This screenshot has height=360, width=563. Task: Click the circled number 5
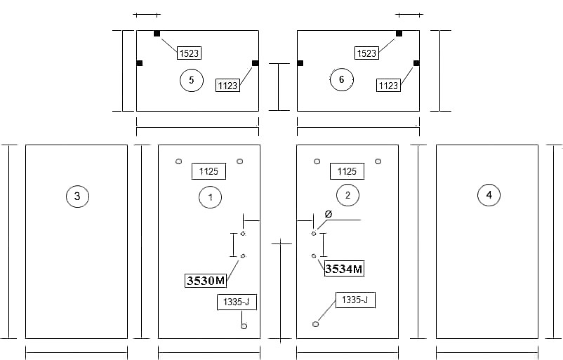(x=192, y=80)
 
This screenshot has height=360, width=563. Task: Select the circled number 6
(x=341, y=79)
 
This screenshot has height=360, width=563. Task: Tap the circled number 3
(x=77, y=196)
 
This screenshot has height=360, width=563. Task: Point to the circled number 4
(x=489, y=195)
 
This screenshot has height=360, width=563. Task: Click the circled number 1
(x=211, y=196)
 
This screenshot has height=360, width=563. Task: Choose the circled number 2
(x=347, y=195)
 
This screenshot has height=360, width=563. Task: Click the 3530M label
(x=206, y=280)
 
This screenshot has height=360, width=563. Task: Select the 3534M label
(x=344, y=269)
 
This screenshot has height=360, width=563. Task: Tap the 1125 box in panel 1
(x=208, y=171)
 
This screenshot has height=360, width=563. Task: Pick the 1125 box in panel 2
(x=347, y=171)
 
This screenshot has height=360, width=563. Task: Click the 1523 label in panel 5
(x=189, y=53)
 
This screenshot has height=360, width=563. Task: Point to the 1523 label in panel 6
(x=366, y=53)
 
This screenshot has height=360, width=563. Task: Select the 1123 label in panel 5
(x=228, y=86)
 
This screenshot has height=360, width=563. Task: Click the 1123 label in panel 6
(x=388, y=86)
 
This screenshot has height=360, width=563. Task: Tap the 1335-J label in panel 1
(x=237, y=302)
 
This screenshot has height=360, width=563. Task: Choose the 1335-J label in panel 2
(x=355, y=300)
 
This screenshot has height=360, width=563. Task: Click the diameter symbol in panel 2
(x=328, y=214)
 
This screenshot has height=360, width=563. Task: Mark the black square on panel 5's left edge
(x=140, y=63)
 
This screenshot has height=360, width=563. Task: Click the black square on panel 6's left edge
(x=300, y=63)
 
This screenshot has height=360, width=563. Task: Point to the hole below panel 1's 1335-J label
(x=244, y=326)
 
